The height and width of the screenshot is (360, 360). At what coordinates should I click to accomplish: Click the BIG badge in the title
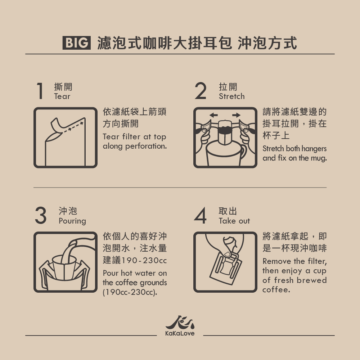pyautogui.click(x=77, y=43)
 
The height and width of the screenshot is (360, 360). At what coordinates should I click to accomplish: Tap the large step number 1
pyautogui.click(x=40, y=91)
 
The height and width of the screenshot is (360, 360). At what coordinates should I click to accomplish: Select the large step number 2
pyautogui.click(x=200, y=91)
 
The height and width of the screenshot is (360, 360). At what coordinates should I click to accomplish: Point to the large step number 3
pyautogui.click(x=41, y=215)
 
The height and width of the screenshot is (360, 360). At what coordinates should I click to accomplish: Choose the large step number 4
pyautogui.click(x=200, y=215)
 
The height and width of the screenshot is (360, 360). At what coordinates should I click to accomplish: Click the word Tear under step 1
pyautogui.click(x=62, y=96)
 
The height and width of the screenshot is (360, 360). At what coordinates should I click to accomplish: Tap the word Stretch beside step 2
pyautogui.click(x=231, y=96)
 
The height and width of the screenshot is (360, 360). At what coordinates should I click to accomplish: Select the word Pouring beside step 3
pyautogui.click(x=72, y=221)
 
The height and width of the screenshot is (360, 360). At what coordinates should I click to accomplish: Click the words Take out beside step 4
pyautogui.click(x=234, y=221)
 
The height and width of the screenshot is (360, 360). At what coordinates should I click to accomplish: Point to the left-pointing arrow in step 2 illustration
pyautogui.click(x=213, y=115)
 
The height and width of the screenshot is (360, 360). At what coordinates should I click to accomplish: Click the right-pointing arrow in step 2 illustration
pyautogui.click(x=237, y=115)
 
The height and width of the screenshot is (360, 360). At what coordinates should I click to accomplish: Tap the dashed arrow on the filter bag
pyautogui.click(x=73, y=127)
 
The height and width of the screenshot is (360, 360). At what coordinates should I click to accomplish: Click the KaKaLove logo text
pyautogui.click(x=180, y=333)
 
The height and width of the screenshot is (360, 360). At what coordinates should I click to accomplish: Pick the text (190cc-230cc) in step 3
pyautogui.click(x=130, y=292)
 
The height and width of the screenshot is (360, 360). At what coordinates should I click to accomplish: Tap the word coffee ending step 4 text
pyautogui.click(x=276, y=290)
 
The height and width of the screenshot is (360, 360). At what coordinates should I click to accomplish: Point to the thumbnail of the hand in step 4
pyautogui.click(x=227, y=254)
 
